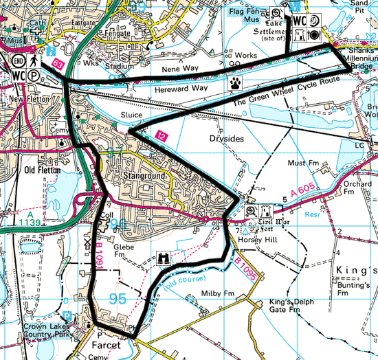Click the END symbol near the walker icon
(x=17, y=59)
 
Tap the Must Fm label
(x=304, y=164)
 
